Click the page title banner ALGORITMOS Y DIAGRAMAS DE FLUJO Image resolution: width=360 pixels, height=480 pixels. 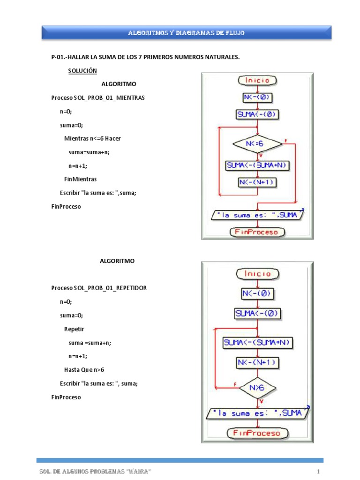point(187,33)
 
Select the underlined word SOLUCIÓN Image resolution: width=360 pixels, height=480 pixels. point(82,71)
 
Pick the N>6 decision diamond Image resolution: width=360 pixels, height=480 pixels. point(257,388)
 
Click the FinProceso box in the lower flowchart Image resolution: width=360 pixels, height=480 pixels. point(257,433)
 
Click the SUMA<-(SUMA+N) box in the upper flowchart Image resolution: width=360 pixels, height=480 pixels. point(257,165)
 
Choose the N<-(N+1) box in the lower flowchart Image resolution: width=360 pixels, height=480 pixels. point(257,362)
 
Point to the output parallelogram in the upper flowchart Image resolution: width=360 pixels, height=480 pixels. point(257,215)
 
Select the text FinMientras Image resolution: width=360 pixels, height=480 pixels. point(80,179)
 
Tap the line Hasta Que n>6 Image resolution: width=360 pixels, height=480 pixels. point(84,369)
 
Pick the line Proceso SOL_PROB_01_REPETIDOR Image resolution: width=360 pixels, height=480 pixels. point(98,288)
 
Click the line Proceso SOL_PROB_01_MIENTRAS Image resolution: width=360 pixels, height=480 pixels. point(98,98)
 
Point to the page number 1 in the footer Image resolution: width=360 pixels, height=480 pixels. point(318,471)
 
